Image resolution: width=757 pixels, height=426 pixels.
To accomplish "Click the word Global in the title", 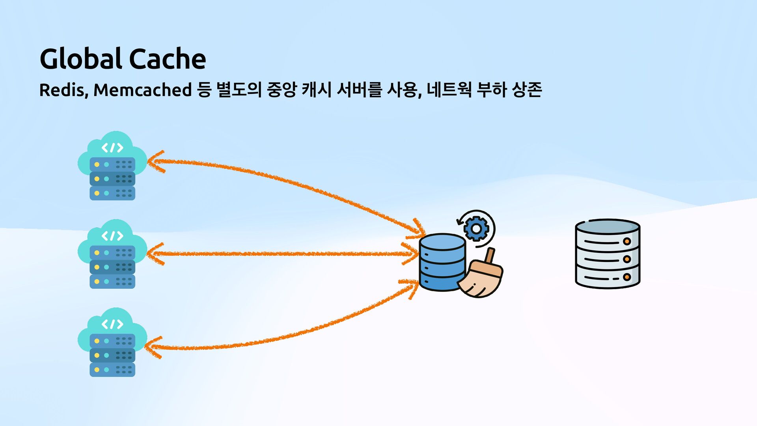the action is (81, 59).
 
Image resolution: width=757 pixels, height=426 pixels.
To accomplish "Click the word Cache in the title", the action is (167, 59).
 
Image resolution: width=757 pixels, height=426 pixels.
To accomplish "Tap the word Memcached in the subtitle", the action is (142, 90).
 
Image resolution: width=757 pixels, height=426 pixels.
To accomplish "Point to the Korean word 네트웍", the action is (449, 90).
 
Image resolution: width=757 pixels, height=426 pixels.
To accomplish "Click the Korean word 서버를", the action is (359, 90).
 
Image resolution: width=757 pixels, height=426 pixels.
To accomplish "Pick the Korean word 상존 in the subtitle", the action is (527, 90).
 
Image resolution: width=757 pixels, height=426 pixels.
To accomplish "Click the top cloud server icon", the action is (112, 166).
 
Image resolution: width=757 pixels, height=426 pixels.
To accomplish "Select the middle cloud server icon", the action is (112, 254).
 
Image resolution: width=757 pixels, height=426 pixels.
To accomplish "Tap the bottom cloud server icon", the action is (112, 342).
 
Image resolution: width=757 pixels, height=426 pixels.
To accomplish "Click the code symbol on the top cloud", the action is (112, 148).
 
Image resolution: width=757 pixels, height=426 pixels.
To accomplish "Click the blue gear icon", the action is (476, 228).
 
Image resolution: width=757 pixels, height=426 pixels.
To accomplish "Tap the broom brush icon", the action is (481, 276).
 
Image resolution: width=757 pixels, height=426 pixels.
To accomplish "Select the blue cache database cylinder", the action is (442, 262).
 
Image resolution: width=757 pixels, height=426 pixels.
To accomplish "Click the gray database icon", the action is (607, 254).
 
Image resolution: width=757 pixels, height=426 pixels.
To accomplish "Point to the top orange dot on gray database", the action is (627, 241).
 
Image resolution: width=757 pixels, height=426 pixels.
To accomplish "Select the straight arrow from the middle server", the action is (282, 254).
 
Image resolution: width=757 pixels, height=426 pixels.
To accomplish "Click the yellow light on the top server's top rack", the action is (97, 164).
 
